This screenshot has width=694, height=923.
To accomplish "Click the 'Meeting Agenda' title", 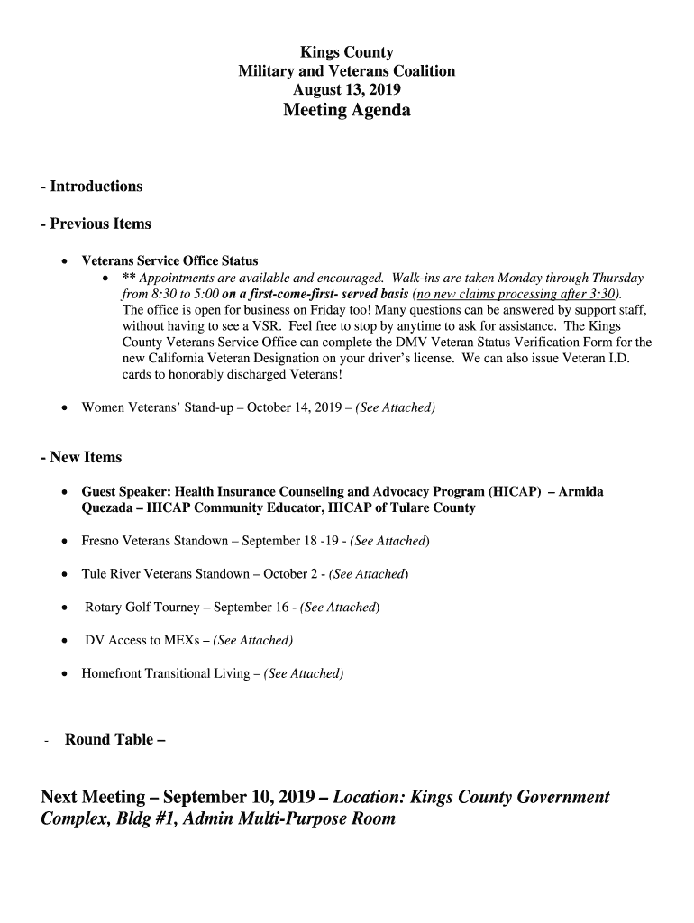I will tap(346, 111).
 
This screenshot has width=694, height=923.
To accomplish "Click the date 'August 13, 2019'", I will tap(346, 90).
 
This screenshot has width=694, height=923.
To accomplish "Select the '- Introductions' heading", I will tap(91, 187).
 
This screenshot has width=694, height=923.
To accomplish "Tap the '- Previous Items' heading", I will tap(96, 224).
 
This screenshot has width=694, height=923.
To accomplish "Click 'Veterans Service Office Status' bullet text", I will tap(169, 261).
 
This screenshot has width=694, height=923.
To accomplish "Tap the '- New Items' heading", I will tap(81, 458).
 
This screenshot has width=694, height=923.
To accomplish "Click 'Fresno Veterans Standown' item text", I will tap(154, 542).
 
